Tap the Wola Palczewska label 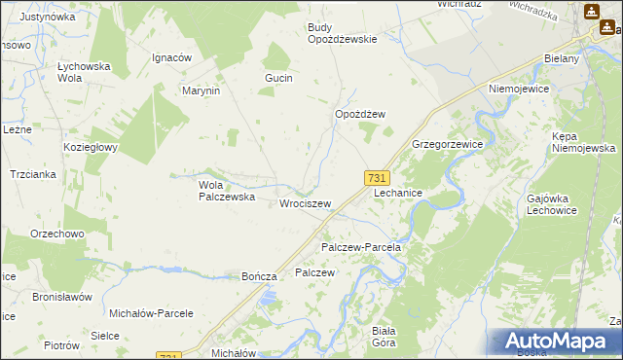[x=226, y=190]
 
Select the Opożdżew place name [x=360, y=114]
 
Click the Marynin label [x=202, y=90]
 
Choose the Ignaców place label [x=171, y=57]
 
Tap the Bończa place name [x=260, y=276]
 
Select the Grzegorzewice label [x=448, y=143]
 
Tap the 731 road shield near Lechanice [x=378, y=177]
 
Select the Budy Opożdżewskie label [x=342, y=33]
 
